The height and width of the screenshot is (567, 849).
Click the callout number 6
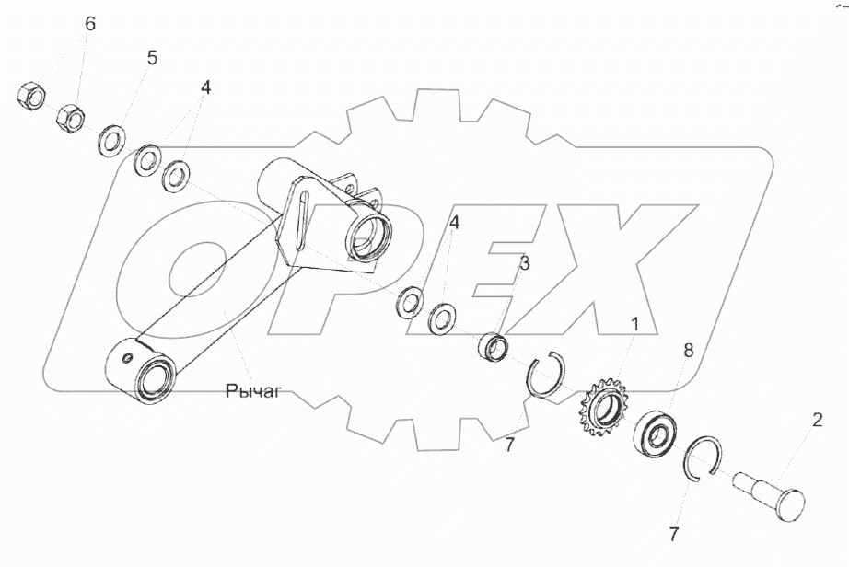point(89,25)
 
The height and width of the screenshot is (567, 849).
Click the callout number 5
point(152,57)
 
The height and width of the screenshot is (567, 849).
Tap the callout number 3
point(524,263)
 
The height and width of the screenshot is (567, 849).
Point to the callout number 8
point(686,350)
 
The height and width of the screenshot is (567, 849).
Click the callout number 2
point(816,421)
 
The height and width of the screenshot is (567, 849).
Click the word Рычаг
point(252,393)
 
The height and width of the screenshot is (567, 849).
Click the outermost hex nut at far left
point(31,95)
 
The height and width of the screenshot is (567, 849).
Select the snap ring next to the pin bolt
point(710,458)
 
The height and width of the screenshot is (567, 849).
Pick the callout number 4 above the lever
point(205,87)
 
